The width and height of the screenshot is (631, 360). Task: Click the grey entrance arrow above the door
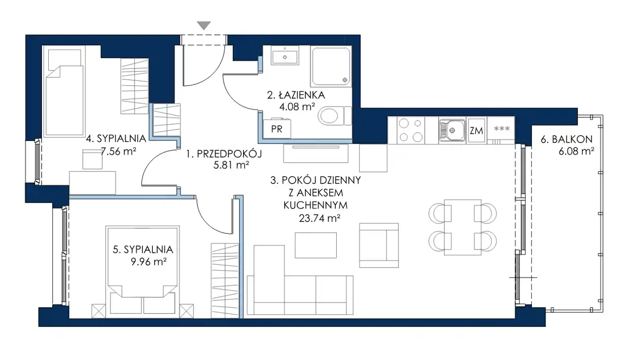click(204, 25)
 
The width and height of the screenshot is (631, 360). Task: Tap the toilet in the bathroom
click(334, 116)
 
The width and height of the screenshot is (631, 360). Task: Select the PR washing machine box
click(277, 129)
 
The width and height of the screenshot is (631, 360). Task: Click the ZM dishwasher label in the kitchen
click(476, 131)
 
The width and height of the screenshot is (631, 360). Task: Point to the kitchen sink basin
click(452, 130)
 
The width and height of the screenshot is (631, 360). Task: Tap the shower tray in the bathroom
click(331, 67)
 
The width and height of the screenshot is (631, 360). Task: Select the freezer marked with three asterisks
click(502, 130)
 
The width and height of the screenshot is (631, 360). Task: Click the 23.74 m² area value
click(319, 218)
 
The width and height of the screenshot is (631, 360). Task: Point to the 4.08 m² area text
click(297, 107)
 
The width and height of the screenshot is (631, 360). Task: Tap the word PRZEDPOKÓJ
click(229, 154)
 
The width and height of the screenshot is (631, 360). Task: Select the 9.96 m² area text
click(148, 262)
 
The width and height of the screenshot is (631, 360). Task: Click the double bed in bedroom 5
click(142, 270)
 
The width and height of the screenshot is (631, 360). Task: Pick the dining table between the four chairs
click(462, 227)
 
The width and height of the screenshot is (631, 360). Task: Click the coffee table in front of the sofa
click(315, 245)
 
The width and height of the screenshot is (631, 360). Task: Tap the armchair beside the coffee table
click(379, 246)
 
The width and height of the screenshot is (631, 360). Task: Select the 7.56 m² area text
click(119, 151)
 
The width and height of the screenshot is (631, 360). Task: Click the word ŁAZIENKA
click(302, 95)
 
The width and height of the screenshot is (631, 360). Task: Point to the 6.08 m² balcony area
click(576, 151)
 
